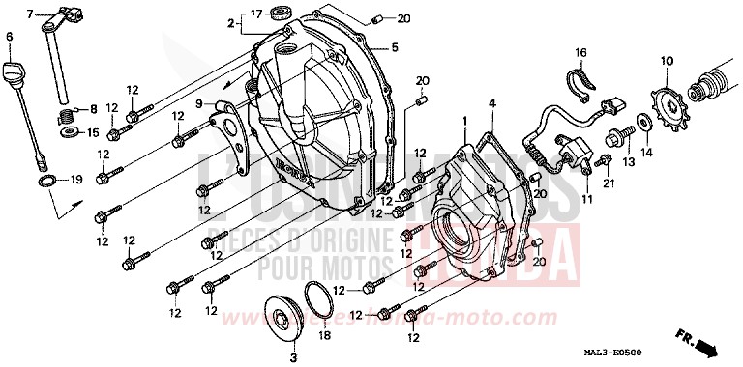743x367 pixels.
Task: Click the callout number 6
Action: tap(10, 37)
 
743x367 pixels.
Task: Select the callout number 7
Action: tap(29, 14)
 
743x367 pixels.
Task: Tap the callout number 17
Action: tap(257, 14)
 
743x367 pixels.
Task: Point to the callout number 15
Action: tap(93, 132)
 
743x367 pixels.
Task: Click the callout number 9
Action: tap(197, 103)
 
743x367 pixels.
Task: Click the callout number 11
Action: tap(586, 199)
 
